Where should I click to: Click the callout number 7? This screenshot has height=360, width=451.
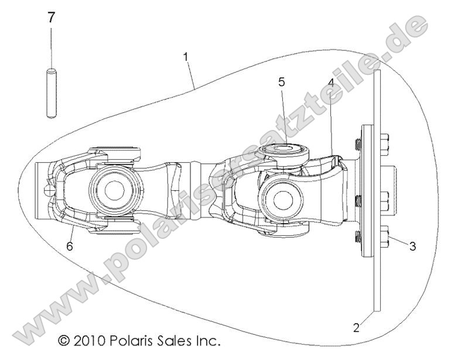[52, 18]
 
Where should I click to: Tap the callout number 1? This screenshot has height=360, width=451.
[186, 57]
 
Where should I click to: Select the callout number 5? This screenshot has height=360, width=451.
[282, 82]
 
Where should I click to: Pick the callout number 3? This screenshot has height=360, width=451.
[412, 246]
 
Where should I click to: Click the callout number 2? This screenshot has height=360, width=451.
[356, 327]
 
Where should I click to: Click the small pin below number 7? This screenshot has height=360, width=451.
[51, 94]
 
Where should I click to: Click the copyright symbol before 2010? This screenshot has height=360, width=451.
[63, 340]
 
